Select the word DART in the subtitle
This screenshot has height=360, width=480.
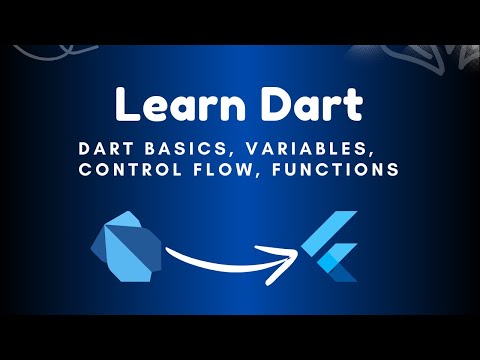click(105, 148)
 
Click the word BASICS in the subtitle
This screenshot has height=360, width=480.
click(178, 148)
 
